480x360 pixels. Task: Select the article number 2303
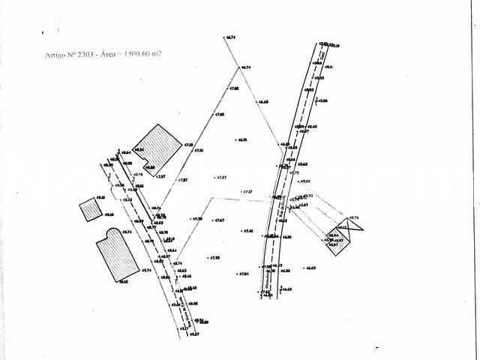coord(82,55)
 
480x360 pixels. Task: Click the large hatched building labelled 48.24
coord(156,146)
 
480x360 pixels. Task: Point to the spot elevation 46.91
coord(241,139)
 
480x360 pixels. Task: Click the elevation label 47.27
coord(220,177)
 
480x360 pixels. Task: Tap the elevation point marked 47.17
coord(247,192)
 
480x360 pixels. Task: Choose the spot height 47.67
coord(219,220)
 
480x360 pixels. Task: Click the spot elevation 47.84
coord(242,274)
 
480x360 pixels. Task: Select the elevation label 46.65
coord(310,268)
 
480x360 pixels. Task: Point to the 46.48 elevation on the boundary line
coord(262,102)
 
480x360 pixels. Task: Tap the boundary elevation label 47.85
coord(220,114)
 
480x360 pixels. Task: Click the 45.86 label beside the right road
coord(322,100)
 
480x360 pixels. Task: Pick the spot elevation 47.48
coord(247,231)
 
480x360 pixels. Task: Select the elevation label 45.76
coord(355,217)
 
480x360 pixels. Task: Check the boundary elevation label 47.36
coord(199,151)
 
